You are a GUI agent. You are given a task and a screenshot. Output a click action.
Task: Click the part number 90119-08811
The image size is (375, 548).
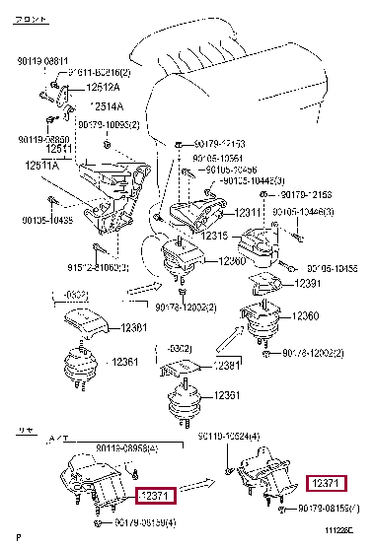pyautogui.click(x=39, y=60)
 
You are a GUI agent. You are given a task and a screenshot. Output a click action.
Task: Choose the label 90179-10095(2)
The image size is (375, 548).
pyautogui.click(x=110, y=124)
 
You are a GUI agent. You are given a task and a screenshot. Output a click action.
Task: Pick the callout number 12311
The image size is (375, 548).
pyautogui.click(x=223, y=212)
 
